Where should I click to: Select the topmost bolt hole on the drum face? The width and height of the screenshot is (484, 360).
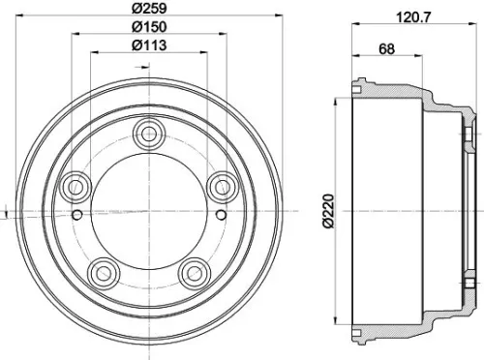148,132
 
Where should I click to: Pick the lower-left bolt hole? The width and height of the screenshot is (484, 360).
102,272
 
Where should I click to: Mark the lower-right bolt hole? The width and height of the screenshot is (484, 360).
195,272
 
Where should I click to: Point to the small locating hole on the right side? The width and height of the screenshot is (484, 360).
221,213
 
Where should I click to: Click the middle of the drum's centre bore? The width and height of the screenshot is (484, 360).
148,209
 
